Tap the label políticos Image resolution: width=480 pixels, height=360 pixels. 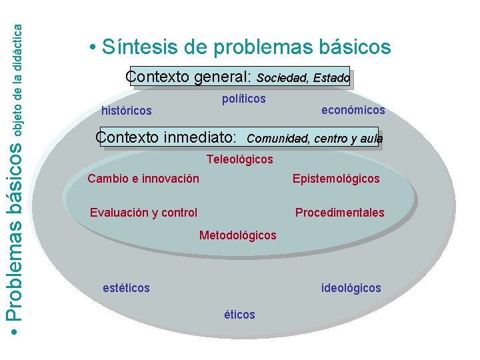click(243, 99)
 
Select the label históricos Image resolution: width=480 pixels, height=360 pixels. click(126, 110)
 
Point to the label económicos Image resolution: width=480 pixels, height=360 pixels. click(353, 110)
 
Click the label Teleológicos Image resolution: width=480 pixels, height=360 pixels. click(239, 159)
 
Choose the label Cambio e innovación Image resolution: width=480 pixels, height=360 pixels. click(143, 179)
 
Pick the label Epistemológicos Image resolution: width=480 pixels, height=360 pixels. click(336, 179)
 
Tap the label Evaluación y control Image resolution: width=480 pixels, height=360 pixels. click(143, 213)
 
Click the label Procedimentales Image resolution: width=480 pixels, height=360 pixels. click(339, 213)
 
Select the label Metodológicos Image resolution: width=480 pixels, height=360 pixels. click(237, 235)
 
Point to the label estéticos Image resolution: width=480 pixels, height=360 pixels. click(126, 288)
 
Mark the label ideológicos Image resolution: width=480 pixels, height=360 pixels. click(351, 288)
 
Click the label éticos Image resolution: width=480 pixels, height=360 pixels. click(239, 315)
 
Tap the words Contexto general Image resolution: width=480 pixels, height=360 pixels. click(187, 77)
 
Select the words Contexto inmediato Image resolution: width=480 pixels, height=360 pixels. click(166, 138)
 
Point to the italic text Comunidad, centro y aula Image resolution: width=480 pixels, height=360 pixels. click(315, 139)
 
